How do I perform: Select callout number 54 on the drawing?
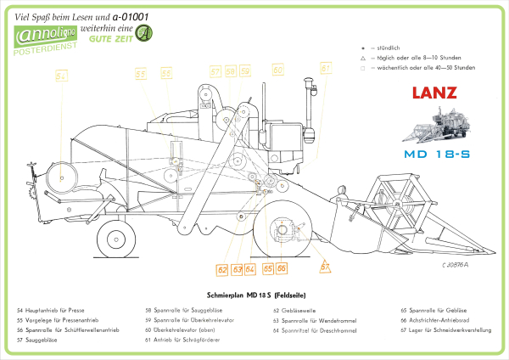click(60, 76)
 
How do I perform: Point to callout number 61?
click(325, 68)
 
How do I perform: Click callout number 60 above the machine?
click(277, 69)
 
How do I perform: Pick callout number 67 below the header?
click(324, 267)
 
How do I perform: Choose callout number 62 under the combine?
click(221, 270)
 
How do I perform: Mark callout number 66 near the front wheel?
click(282, 268)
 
